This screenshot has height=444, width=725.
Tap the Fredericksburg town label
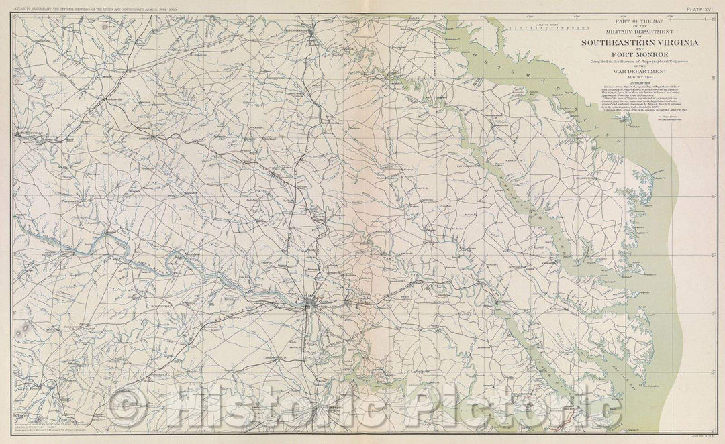[297, 30]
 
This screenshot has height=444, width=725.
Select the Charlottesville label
[30, 133]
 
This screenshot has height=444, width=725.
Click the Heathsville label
[585, 178]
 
